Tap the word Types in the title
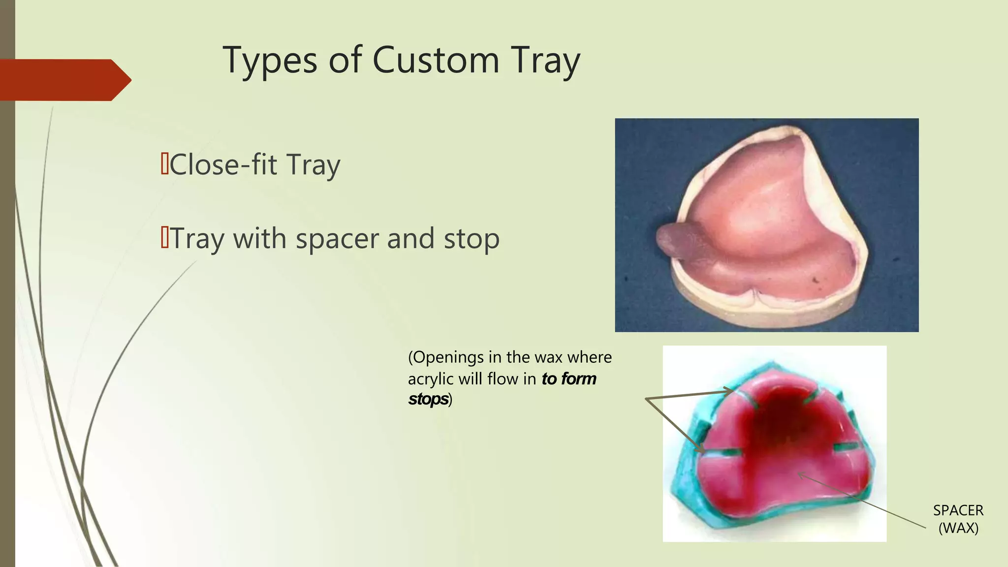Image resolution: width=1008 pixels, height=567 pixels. coord(270,60)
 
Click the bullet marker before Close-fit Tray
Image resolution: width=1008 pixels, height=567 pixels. coord(165,163)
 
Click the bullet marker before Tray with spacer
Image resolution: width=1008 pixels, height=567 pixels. coord(165,238)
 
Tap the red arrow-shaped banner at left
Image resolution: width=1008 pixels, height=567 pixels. coord(64,80)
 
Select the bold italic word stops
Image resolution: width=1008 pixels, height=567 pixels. coord(428,399)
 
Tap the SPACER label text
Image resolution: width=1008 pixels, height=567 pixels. coord(958,510)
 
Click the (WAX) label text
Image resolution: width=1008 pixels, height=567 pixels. coord(958,528)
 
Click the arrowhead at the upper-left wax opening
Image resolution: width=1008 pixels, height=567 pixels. coord(730,391)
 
